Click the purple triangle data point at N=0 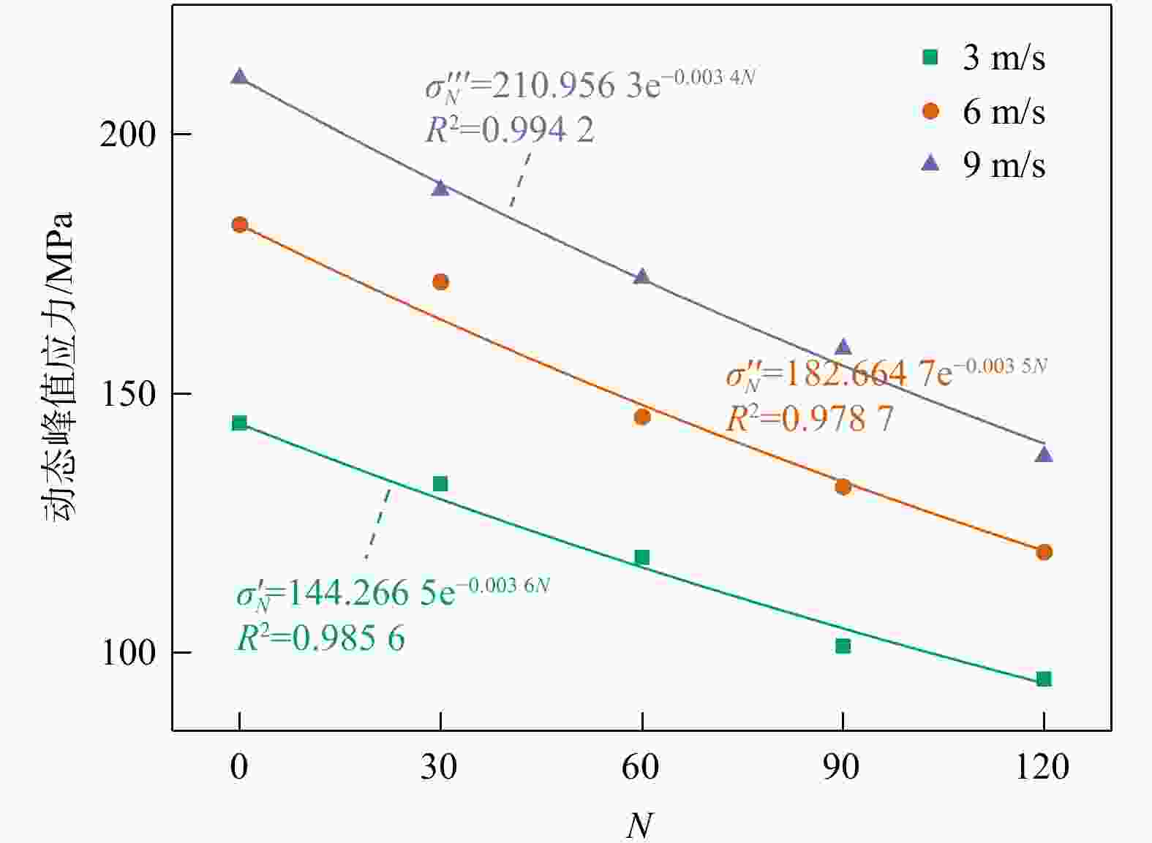click(239, 77)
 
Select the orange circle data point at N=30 click(440, 282)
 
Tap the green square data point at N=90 click(843, 646)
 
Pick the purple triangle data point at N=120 click(1044, 455)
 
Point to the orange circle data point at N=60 click(642, 417)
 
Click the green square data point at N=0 click(239, 423)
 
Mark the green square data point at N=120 click(1044, 679)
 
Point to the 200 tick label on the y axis click(128, 135)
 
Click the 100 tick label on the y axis click(128, 652)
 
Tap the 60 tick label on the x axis click(641, 768)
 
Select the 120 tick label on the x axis click(1042, 768)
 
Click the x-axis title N click(639, 825)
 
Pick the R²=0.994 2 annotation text click(510, 130)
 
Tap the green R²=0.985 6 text click(320, 639)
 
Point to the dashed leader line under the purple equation click(520, 179)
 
